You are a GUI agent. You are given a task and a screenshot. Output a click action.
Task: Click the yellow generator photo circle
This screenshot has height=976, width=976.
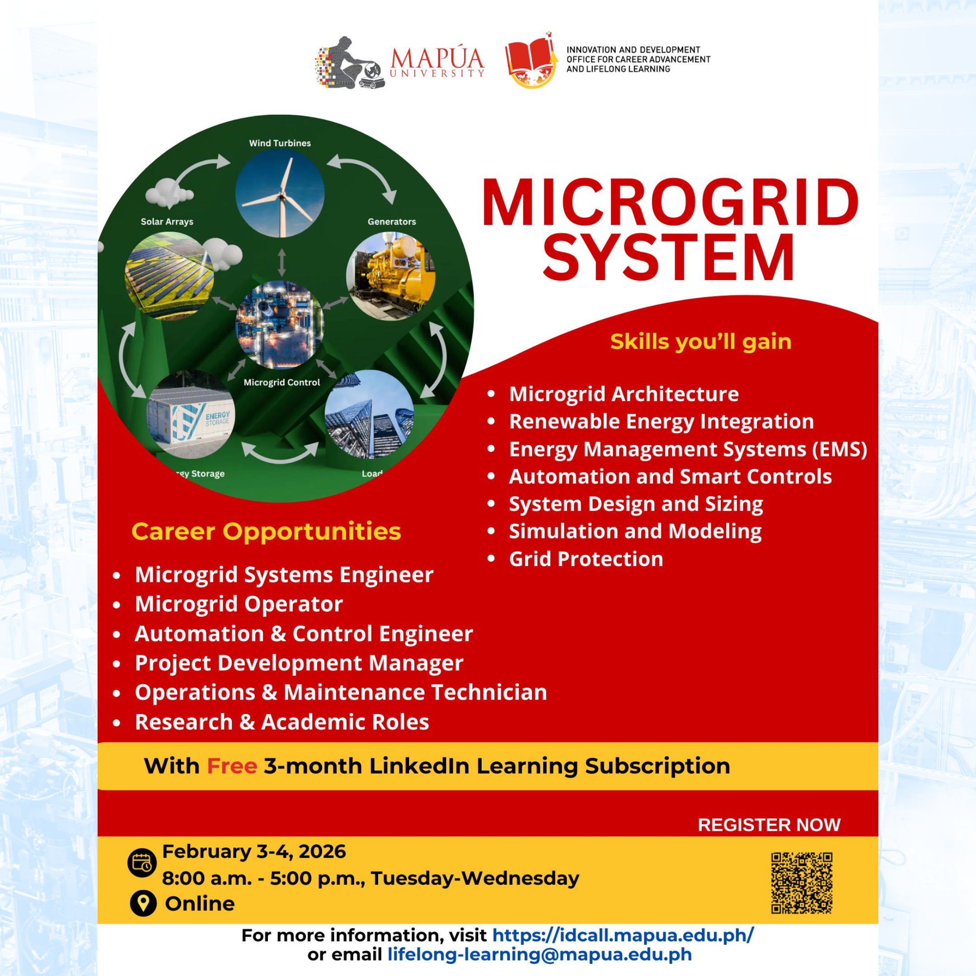click(390, 277)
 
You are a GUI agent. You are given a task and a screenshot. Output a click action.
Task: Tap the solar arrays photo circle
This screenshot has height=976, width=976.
click(169, 276)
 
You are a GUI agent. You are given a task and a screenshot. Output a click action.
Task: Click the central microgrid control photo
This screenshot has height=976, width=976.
click(279, 325)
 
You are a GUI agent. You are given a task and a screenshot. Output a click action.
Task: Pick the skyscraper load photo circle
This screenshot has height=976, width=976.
click(369, 414)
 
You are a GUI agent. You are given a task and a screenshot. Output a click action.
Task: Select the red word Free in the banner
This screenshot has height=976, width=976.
click(232, 766)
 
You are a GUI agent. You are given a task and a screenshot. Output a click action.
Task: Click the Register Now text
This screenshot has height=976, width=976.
click(769, 825)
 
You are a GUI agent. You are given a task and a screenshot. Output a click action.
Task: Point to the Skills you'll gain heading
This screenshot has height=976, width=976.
click(701, 342)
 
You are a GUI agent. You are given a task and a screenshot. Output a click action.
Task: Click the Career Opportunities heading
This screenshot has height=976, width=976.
click(266, 532)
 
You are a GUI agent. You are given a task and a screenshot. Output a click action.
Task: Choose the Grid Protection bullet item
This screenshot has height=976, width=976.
click(586, 559)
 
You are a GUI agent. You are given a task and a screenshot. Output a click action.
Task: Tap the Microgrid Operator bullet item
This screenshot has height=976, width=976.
click(239, 604)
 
